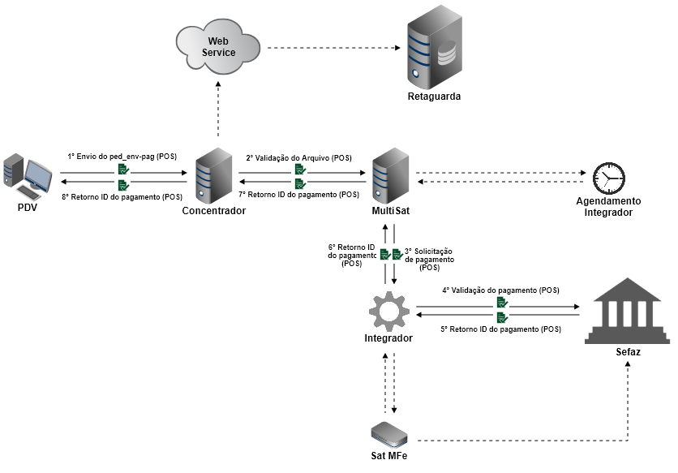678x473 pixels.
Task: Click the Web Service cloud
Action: tap(217, 47)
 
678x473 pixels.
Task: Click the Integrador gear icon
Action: tap(388, 312)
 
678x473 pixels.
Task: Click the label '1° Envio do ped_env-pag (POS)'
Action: tap(122, 156)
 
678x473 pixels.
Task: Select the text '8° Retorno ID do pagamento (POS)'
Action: tap(122, 197)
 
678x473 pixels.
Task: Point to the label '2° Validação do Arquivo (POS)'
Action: tap(299, 157)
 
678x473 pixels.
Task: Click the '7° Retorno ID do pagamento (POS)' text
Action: tap(299, 195)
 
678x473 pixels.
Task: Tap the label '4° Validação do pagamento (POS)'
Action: tap(500, 290)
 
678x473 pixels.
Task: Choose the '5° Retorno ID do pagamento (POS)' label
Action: tap(500, 329)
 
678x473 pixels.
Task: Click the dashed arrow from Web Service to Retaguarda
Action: tap(333, 48)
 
